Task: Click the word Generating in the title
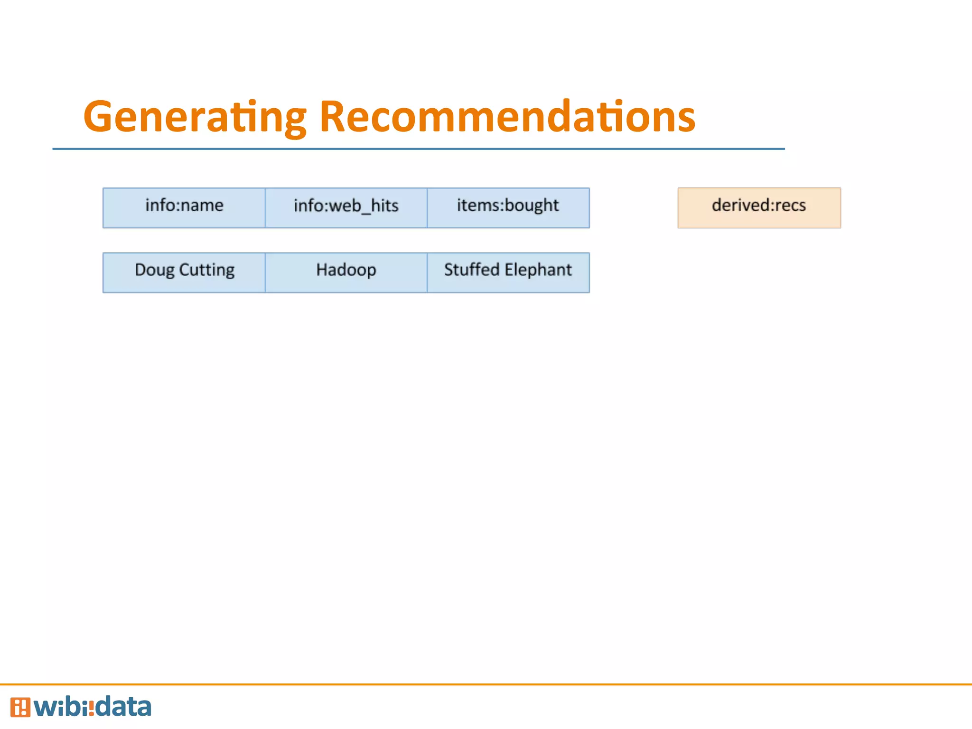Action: (x=195, y=117)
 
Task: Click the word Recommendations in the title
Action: (x=507, y=117)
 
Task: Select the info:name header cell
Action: (x=184, y=208)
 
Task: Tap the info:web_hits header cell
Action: (x=346, y=208)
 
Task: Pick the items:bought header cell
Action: (x=508, y=208)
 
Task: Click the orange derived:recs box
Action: (x=759, y=208)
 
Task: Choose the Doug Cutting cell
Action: (x=184, y=272)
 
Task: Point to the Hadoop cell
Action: (x=346, y=272)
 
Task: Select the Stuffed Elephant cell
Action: (x=508, y=272)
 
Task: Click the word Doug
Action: (x=155, y=271)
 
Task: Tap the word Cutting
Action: (x=206, y=271)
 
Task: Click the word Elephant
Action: (x=538, y=271)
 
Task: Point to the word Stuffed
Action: (x=472, y=270)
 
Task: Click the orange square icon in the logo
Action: (x=20, y=707)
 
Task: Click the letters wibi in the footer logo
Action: (x=62, y=707)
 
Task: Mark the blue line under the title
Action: (x=418, y=149)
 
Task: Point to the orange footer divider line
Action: (x=486, y=684)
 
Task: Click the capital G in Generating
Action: (x=100, y=117)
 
